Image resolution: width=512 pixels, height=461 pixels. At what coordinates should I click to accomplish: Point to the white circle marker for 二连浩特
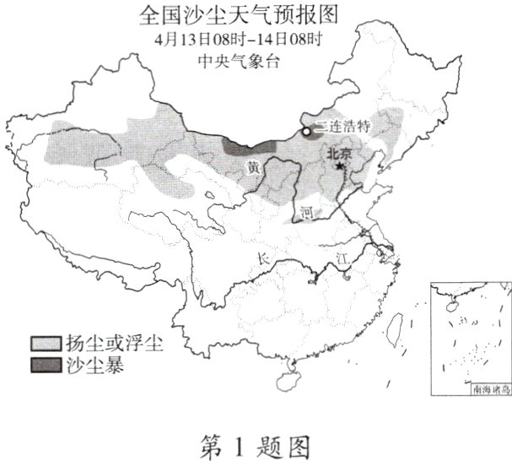[x=307, y=132]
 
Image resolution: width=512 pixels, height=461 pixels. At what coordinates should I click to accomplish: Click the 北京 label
[x=340, y=154]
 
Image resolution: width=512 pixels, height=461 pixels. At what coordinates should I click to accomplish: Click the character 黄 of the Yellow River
[x=252, y=169]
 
